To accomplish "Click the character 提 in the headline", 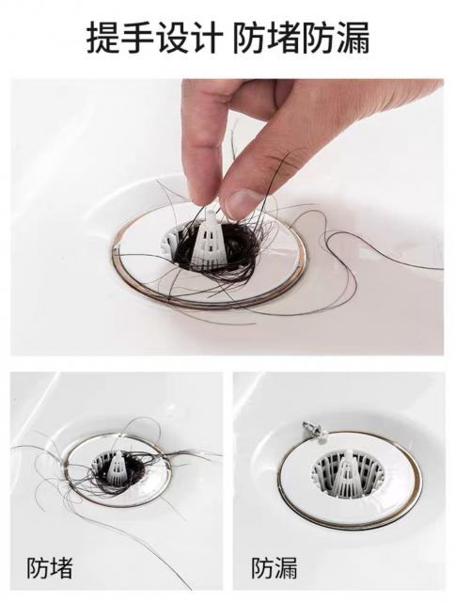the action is click(x=102, y=38).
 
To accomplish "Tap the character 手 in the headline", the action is click(x=137, y=38).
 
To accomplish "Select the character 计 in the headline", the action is click(x=207, y=38).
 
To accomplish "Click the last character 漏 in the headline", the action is click(x=353, y=38).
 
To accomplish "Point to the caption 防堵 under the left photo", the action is click(x=50, y=568).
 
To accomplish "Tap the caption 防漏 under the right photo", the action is click(x=275, y=568).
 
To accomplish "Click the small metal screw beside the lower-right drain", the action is click(x=310, y=427).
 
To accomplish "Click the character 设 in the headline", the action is click(x=173, y=38).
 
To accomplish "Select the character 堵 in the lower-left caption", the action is click(x=61, y=568).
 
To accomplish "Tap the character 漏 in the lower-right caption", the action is click(x=286, y=568).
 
